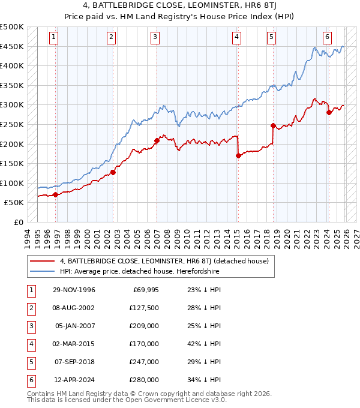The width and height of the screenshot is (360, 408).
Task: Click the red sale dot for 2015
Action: point(238,156)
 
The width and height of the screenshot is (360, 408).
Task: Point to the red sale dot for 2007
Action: point(157,140)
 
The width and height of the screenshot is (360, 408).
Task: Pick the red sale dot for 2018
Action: point(273,126)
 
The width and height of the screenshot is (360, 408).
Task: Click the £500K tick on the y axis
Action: point(12,27)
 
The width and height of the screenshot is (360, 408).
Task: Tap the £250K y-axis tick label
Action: point(12,124)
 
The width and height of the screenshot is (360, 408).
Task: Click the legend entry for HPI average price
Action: point(140,271)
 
